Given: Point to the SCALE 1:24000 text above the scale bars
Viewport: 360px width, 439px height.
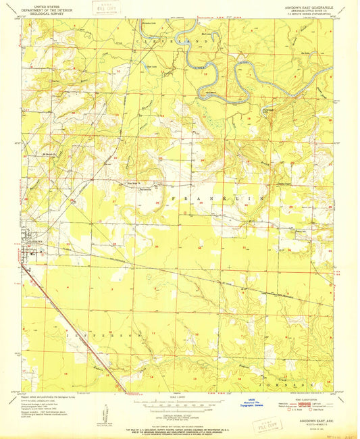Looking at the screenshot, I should [x=179, y=396].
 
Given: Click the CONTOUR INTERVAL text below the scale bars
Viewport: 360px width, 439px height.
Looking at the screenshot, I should [x=180, y=415].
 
